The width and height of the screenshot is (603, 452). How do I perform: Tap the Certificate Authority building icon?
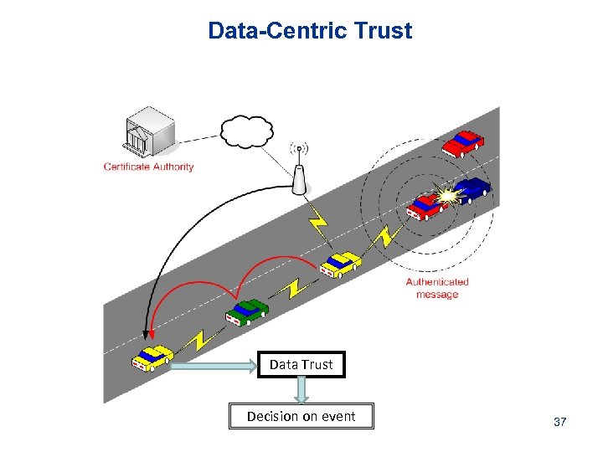click(x=150, y=133)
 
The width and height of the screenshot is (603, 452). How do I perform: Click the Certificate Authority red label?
click(x=148, y=167)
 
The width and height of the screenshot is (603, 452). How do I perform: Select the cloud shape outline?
click(x=247, y=131)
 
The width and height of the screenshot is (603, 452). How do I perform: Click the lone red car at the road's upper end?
click(x=463, y=144)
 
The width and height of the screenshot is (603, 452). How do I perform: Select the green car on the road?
click(x=247, y=311)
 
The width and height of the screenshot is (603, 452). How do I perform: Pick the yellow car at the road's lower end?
click(x=152, y=357)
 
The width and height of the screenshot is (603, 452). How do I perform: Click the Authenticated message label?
click(x=437, y=288)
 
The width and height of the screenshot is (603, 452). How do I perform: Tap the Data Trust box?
click(x=301, y=365)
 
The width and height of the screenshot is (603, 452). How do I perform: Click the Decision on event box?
click(x=301, y=416)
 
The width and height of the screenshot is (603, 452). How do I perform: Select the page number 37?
click(x=560, y=422)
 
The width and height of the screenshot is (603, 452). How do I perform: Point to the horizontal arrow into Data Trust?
click(x=214, y=365)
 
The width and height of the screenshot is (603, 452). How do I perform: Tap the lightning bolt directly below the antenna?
click(x=317, y=223)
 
